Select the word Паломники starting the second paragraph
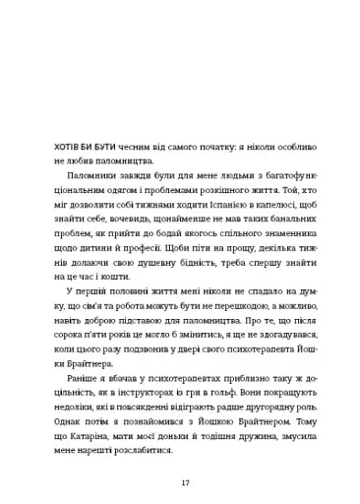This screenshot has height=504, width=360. pyautogui.click(x=93, y=177)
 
